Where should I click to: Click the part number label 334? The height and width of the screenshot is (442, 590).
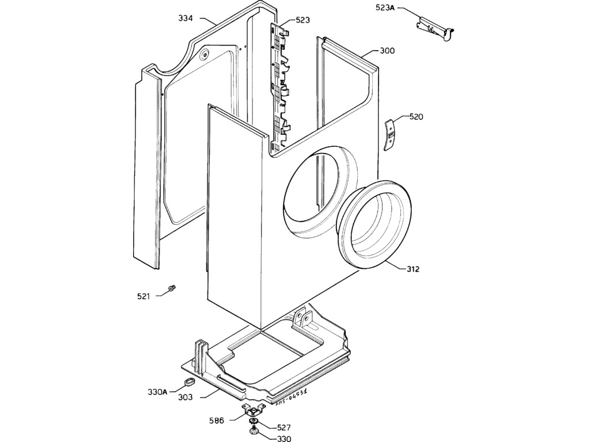[186, 19]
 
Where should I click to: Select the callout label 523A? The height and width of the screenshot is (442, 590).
[385, 9]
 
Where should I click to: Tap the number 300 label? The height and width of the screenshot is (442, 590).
[387, 51]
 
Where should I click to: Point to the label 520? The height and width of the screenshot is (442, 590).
[416, 117]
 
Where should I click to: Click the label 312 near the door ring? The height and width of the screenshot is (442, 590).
[412, 269]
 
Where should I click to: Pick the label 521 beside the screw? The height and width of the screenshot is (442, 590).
[143, 296]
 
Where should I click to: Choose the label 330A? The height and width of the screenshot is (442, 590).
[157, 392]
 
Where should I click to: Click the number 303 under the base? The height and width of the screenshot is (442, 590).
[186, 397]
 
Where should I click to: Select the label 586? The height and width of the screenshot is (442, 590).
[217, 421]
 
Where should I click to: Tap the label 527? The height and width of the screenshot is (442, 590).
[283, 428]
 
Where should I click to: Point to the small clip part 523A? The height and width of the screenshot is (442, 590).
[435, 27]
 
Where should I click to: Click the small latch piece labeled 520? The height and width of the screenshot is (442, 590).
[390, 135]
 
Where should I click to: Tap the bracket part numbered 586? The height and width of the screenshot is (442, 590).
[253, 410]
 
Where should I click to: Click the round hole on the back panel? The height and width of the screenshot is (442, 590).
[205, 56]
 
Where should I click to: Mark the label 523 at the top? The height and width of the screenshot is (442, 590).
[302, 20]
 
